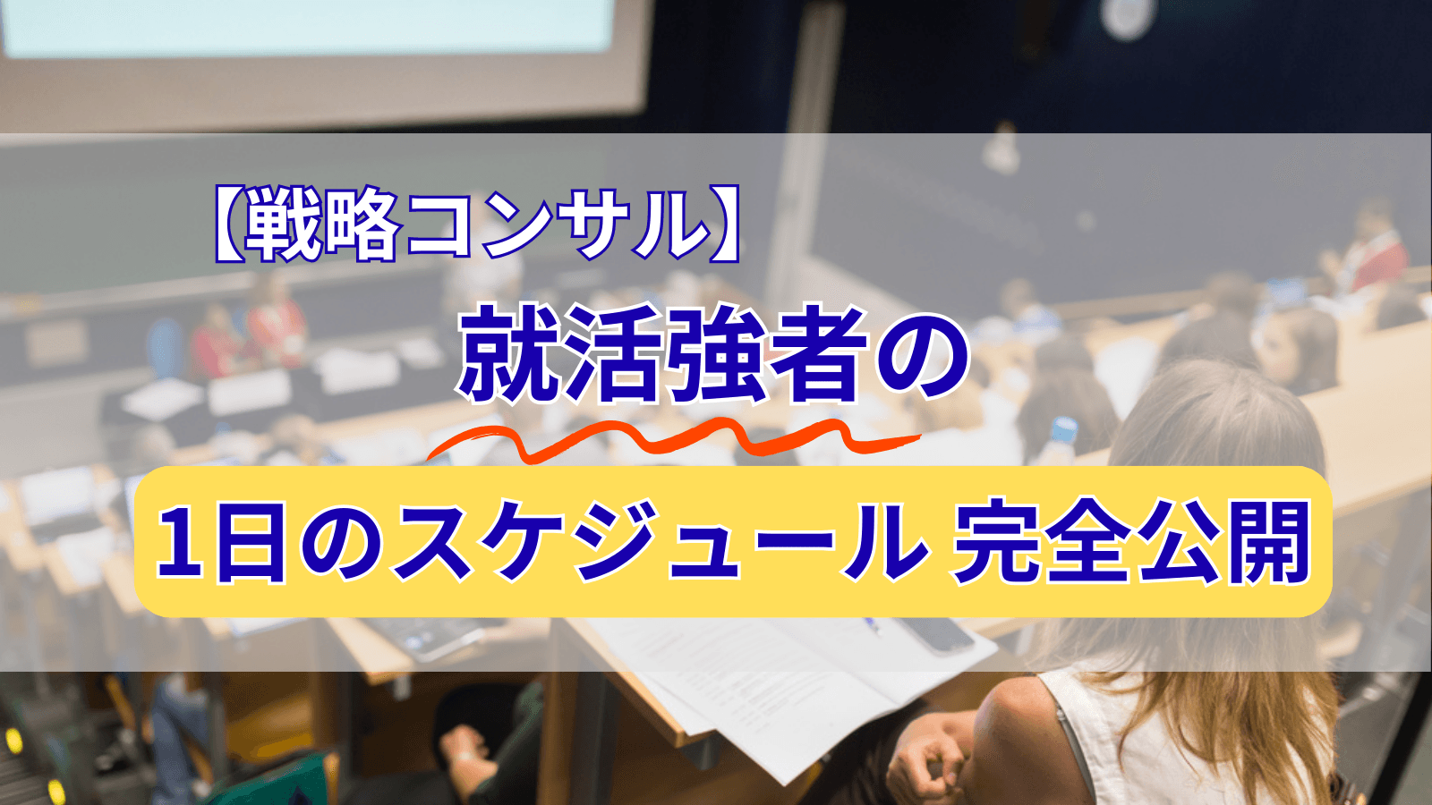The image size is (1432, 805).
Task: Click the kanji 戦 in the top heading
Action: click(285, 225)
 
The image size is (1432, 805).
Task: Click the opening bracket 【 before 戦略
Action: click(229, 225)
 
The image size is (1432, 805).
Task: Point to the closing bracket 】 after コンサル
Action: click(724, 225)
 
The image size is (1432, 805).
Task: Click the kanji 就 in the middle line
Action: click(511, 354)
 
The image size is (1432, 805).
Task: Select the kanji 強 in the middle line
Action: click(716, 354)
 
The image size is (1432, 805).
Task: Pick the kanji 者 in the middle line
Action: click(818, 354)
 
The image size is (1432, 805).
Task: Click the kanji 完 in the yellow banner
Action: click(994, 542)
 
